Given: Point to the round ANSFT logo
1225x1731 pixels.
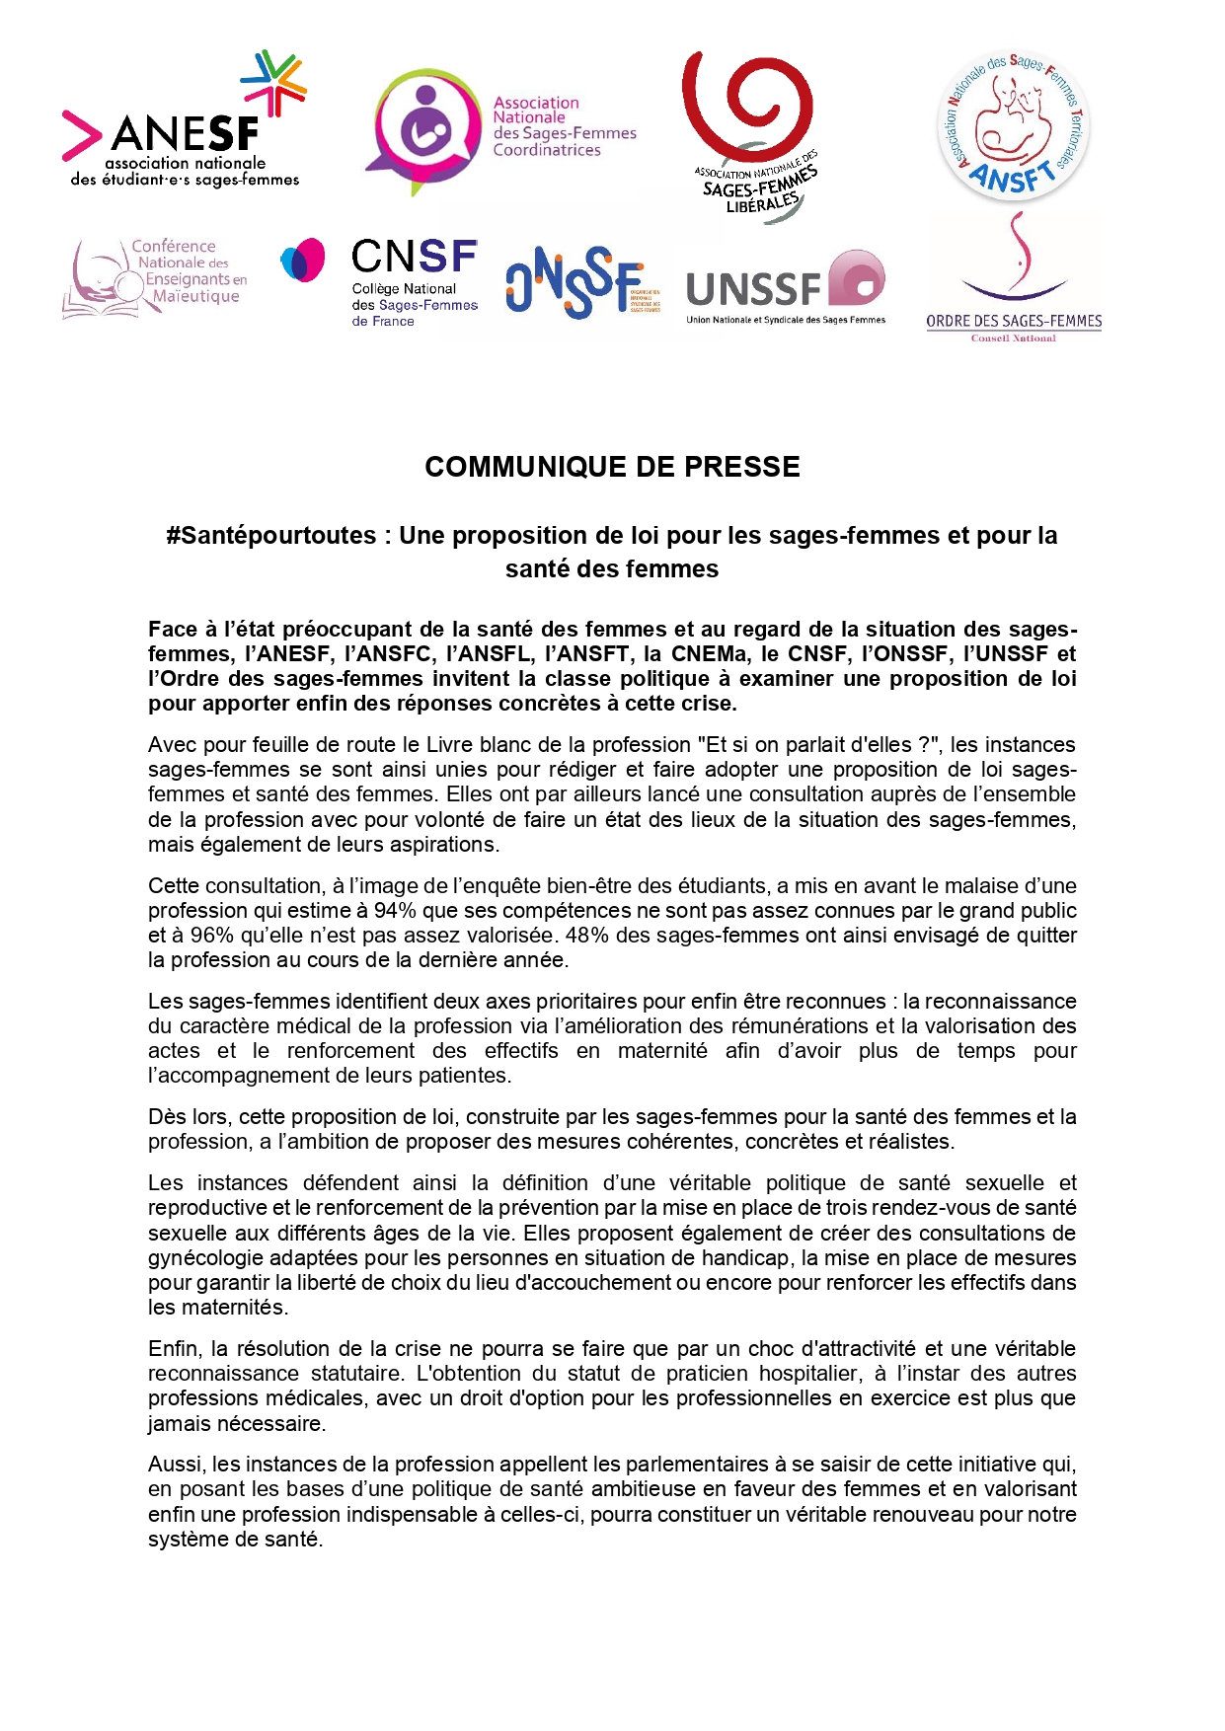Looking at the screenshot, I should (1013, 126).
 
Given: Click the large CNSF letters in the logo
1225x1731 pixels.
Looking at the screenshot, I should (415, 258).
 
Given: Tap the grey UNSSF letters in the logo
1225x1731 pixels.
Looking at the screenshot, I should (753, 289).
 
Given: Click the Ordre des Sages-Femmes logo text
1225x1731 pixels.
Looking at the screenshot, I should (1014, 321).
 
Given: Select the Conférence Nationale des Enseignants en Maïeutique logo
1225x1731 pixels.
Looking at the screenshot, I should (156, 276).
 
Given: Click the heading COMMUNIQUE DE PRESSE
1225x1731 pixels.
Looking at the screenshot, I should (612, 467).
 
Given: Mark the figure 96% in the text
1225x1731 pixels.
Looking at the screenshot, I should (210, 936).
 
